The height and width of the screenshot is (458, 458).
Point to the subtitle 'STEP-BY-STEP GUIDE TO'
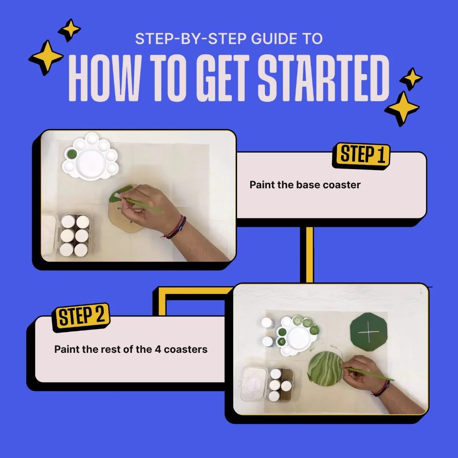click(x=229, y=39)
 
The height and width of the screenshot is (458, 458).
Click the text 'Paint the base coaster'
click(x=305, y=185)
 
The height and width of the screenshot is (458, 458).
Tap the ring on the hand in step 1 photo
click(x=149, y=186)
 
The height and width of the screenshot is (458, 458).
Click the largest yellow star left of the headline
click(x=46, y=57)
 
